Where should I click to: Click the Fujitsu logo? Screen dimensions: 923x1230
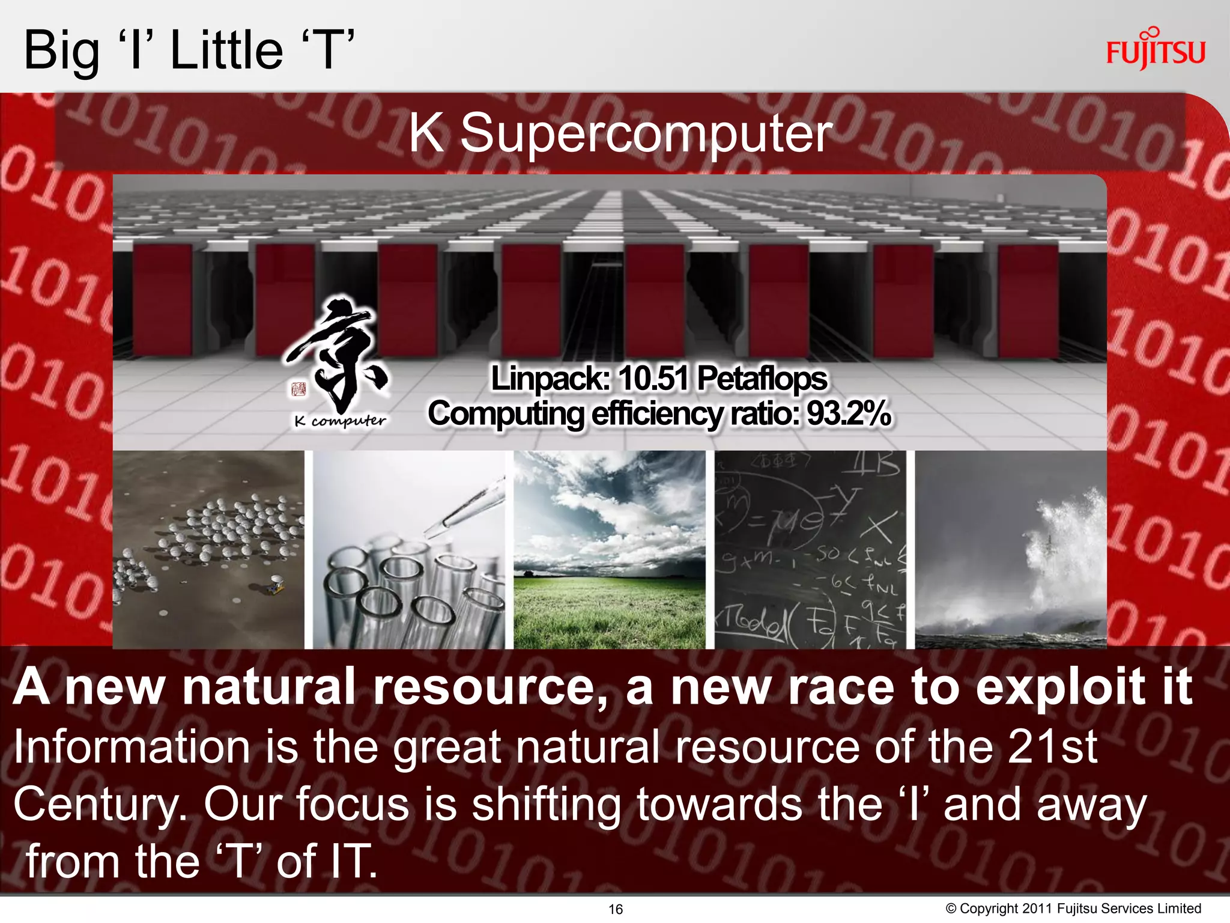1156,50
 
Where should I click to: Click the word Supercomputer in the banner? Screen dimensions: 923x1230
646,135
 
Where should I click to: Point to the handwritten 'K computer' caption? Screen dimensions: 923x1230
340,421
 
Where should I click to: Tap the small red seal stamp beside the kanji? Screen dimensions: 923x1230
298,389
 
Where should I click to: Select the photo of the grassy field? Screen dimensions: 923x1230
610,549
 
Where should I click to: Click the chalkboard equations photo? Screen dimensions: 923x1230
810,549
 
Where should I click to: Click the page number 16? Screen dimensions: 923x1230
616,909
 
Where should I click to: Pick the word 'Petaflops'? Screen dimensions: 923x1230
762,379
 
